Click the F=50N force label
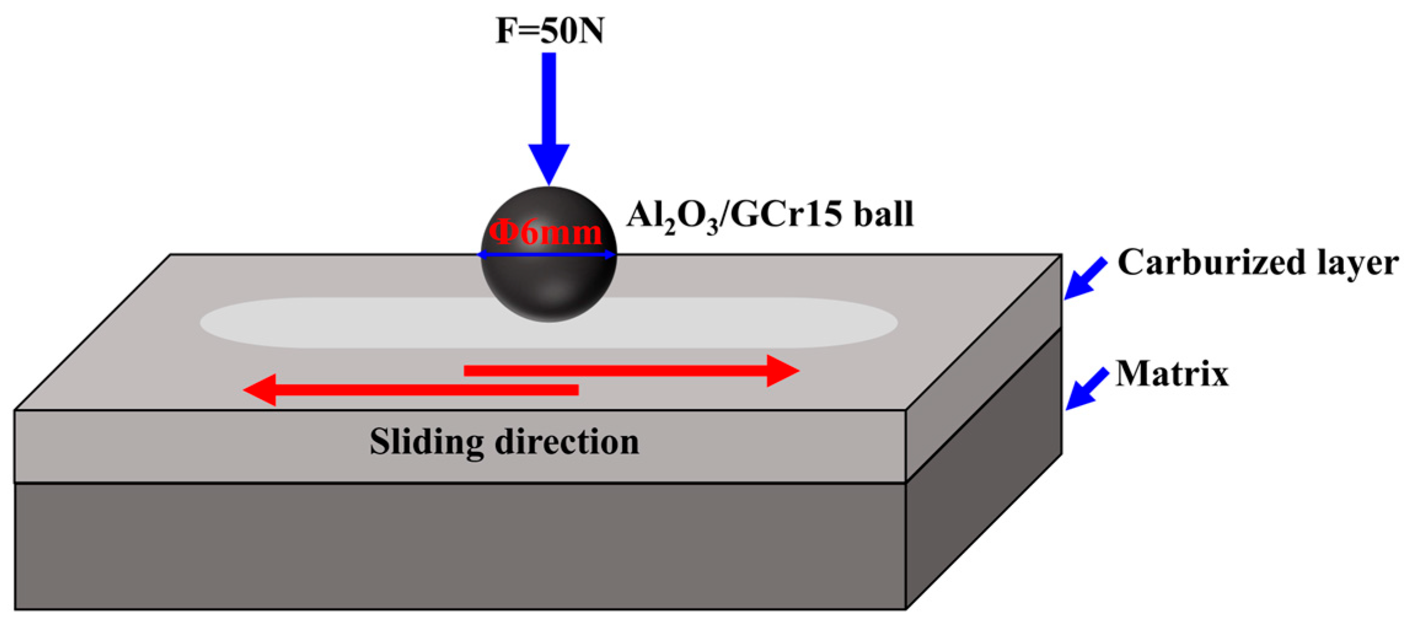click(549, 31)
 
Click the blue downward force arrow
click(549, 111)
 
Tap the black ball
click(549, 289)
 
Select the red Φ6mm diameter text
click(545, 233)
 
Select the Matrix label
click(1171, 373)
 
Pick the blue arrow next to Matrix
click(1086, 389)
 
